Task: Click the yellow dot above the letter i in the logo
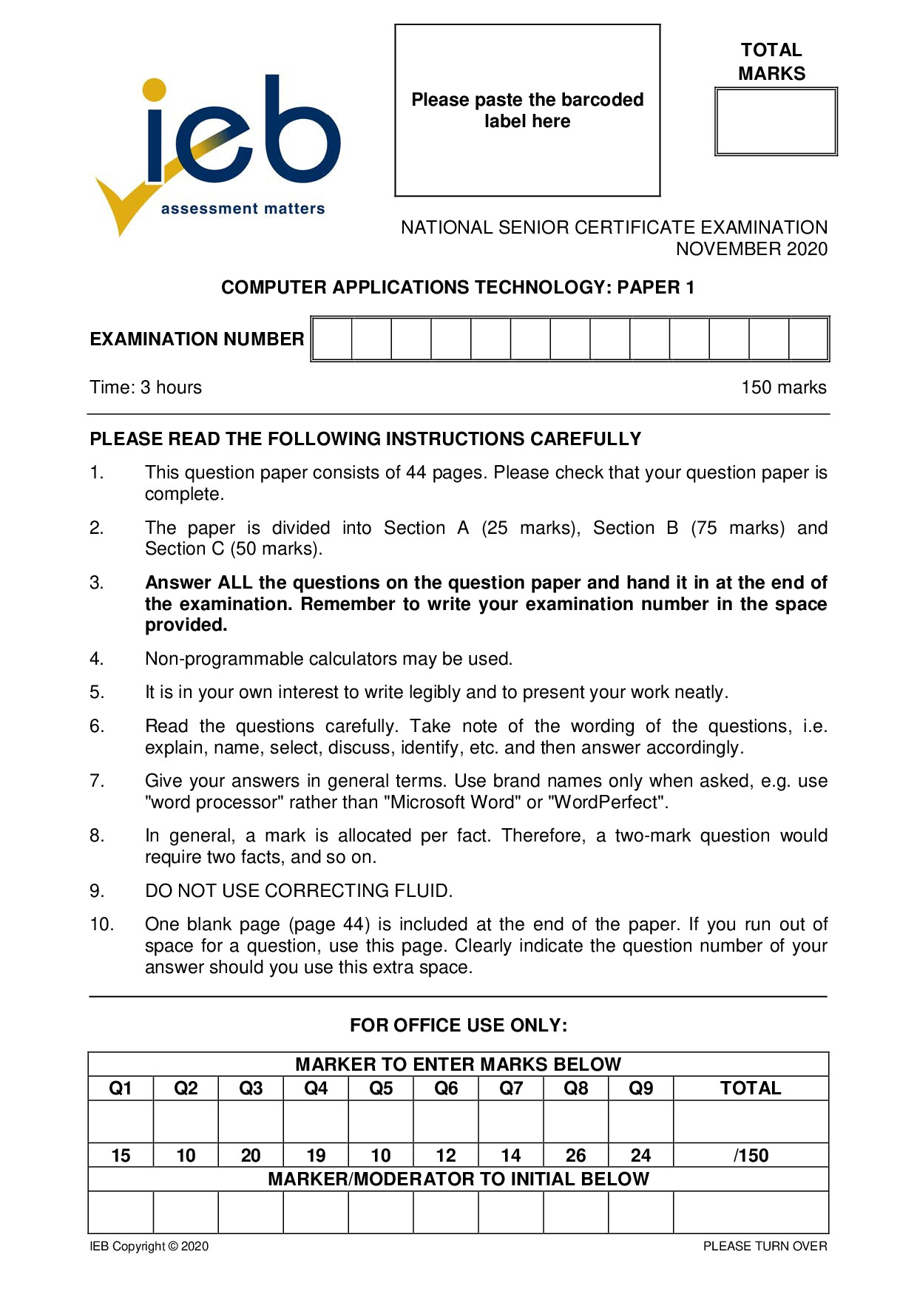(x=155, y=89)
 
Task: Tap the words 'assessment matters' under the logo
(x=243, y=209)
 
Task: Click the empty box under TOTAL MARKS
(x=775, y=122)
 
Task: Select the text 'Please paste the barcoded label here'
(x=527, y=110)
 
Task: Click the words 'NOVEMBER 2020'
(x=751, y=249)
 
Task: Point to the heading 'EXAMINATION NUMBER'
(x=197, y=339)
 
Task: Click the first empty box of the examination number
(x=332, y=339)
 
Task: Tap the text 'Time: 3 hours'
(x=146, y=387)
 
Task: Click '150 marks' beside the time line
(x=783, y=387)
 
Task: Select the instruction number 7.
(x=97, y=781)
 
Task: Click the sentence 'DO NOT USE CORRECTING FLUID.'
(x=299, y=891)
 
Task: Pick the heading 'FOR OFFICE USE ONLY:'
(x=458, y=1026)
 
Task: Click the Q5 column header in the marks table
(x=381, y=1088)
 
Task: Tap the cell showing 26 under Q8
(x=575, y=1156)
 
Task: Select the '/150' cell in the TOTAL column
(x=751, y=1156)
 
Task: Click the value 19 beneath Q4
(x=316, y=1156)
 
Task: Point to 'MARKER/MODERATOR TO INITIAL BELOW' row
(x=458, y=1179)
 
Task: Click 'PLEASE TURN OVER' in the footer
(x=765, y=1247)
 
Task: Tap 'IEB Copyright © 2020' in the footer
(x=149, y=1247)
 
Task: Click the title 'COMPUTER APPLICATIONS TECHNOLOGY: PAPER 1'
(x=458, y=288)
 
